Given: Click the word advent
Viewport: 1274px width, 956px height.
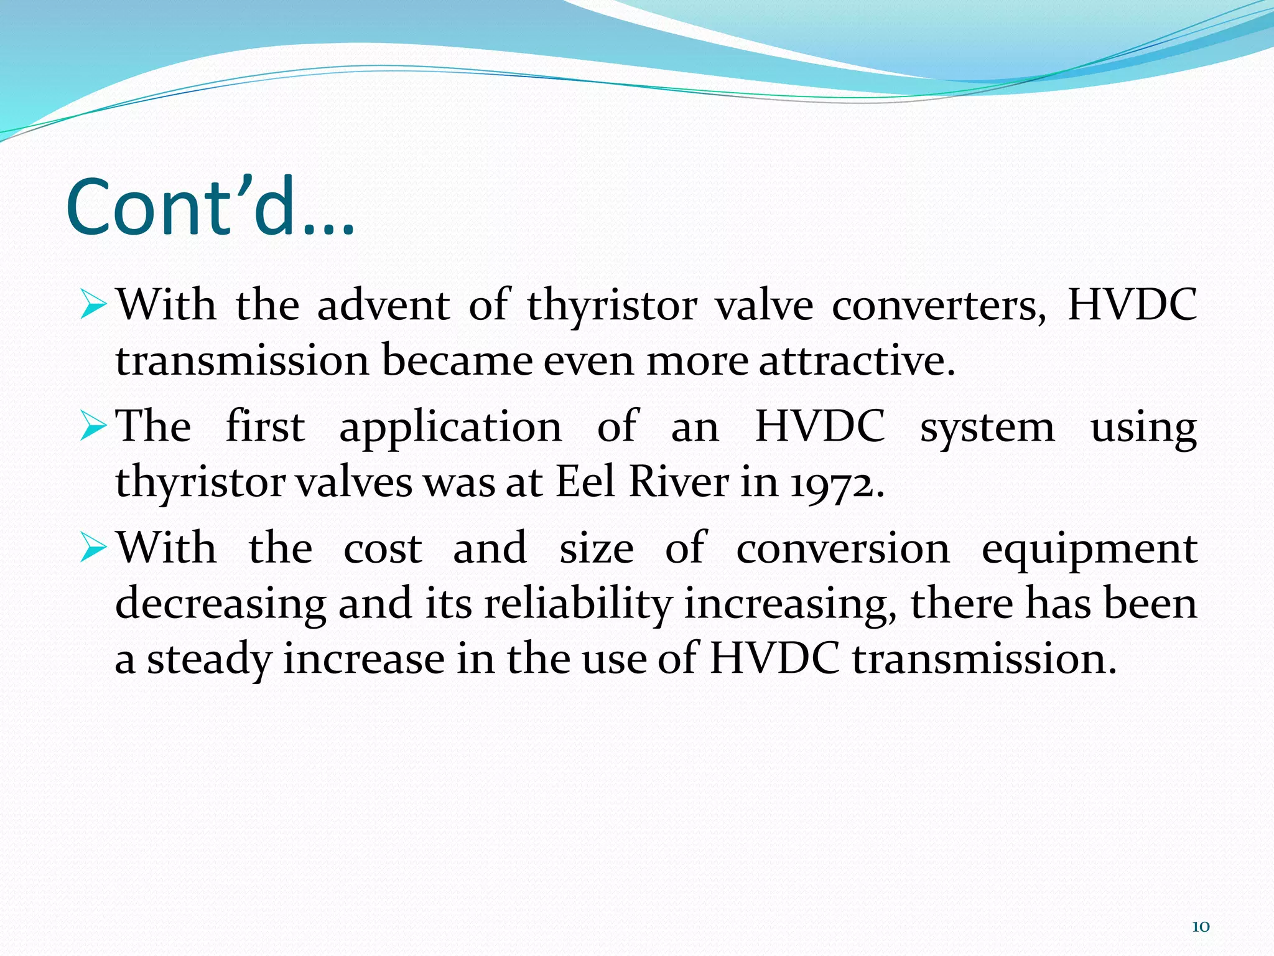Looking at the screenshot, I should coord(383,305).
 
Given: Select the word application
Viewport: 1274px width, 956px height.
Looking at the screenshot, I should coord(450,428).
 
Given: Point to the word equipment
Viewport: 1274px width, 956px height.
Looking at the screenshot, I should coord(1089,550).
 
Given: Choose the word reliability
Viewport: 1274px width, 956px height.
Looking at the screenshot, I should coord(578,604).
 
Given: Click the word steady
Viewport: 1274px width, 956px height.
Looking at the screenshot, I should coord(209,660).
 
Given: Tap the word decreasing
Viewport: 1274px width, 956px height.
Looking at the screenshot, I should coord(221,604).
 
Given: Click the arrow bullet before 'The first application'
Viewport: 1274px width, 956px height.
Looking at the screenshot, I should coord(94,428).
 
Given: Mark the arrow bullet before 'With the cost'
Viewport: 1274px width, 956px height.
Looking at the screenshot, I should coord(94,549).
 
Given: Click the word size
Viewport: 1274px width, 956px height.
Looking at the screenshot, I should coord(596,549).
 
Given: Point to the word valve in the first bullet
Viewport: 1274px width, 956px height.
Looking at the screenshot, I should coord(763,305).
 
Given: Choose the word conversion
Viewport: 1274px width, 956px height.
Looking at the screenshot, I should coord(843,549).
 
